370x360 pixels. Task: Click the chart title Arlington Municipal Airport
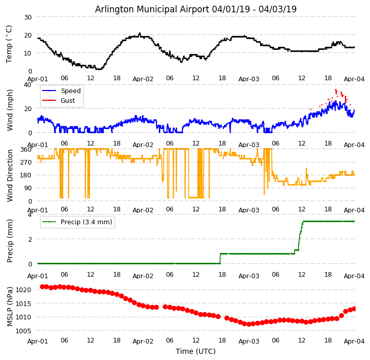[196, 9]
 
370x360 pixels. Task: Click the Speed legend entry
[70, 91]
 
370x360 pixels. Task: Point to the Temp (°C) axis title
[9, 44]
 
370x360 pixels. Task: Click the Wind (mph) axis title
[10, 110]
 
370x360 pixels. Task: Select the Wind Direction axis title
[10, 175]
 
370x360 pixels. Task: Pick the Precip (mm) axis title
[10, 241]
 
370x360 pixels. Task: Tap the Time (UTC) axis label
[196, 351]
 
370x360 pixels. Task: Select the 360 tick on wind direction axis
[26, 150]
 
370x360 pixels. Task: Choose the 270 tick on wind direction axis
[26, 163]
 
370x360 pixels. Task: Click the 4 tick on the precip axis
[30, 214]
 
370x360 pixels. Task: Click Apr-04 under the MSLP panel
[354, 340]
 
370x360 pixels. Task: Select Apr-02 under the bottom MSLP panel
[143, 340]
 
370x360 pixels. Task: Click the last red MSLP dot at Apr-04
[354, 309]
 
